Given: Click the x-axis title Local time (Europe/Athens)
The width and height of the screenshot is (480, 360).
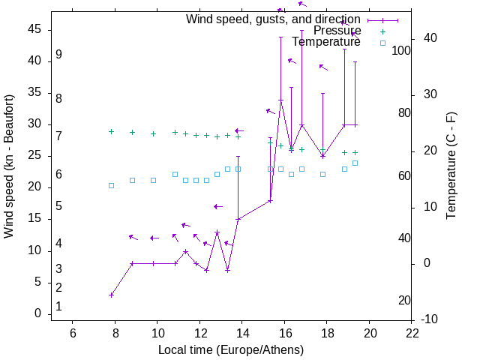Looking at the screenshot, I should (x=231, y=350).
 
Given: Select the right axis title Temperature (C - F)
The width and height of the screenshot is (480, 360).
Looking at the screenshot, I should (x=451, y=166).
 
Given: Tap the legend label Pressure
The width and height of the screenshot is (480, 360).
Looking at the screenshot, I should (x=337, y=31).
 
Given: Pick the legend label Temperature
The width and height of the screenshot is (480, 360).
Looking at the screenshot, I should (x=326, y=42).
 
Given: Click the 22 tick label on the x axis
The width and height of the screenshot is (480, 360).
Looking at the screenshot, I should (x=412, y=333).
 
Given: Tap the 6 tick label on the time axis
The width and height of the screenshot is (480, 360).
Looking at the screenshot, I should (x=73, y=333).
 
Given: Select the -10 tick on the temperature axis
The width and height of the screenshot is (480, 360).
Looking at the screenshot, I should (x=430, y=320).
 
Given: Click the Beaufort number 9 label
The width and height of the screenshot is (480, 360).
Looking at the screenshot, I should (x=58, y=55).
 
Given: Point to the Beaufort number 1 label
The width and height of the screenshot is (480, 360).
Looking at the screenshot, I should (x=58, y=307).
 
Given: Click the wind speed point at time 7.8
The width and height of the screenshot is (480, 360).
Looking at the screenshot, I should (x=111, y=295).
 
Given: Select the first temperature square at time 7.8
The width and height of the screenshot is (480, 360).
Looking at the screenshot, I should (x=111, y=185).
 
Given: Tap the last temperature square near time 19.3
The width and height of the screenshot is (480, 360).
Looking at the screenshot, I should (x=355, y=163).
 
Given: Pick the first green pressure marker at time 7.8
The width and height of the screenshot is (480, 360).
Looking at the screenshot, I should (x=111, y=131).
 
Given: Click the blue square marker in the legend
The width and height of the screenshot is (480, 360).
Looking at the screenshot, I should (x=382, y=43).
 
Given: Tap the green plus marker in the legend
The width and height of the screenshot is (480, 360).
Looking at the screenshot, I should (x=382, y=31).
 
